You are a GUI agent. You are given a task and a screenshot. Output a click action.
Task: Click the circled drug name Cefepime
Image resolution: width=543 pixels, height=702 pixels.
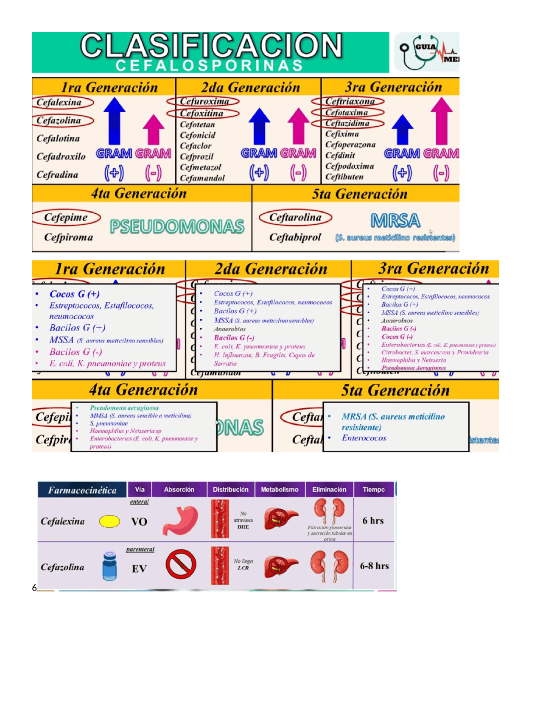[66, 217]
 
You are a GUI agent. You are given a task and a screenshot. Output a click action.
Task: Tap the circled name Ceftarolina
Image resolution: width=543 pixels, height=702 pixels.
[295, 217]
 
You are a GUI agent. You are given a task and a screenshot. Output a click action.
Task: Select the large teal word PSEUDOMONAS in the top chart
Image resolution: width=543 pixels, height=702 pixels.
[177, 226]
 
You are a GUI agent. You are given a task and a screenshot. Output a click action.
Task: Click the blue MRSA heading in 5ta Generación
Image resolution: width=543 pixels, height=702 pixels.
[395, 220]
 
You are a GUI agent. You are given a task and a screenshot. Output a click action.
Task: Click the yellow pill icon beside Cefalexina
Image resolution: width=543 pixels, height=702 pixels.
[109, 521]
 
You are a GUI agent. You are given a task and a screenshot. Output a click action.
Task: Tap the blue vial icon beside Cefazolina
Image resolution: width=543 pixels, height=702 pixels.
[109, 565]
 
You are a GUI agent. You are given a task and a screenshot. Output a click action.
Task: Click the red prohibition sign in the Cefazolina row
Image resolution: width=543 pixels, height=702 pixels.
[181, 565]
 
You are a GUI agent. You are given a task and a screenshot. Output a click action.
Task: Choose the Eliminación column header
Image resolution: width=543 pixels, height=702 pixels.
[329, 490]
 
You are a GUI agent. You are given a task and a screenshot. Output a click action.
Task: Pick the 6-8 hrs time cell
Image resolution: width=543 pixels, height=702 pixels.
[374, 566]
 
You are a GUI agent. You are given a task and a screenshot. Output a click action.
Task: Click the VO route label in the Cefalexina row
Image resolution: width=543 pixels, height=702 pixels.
[139, 522]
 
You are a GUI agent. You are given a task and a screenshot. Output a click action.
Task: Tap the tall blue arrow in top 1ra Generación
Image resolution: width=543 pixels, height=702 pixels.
[114, 121]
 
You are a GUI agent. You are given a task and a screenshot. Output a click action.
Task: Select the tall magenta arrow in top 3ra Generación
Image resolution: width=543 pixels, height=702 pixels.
[441, 121]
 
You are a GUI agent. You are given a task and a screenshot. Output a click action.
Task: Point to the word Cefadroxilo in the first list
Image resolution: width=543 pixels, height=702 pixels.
[61, 156]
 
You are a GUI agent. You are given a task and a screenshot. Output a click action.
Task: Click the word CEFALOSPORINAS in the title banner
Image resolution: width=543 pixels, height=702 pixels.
[209, 66]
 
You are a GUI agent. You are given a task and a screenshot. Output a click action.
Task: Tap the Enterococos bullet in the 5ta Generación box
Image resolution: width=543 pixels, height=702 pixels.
[364, 438]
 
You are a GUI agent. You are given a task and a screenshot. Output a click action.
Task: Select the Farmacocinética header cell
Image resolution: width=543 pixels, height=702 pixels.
[82, 490]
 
